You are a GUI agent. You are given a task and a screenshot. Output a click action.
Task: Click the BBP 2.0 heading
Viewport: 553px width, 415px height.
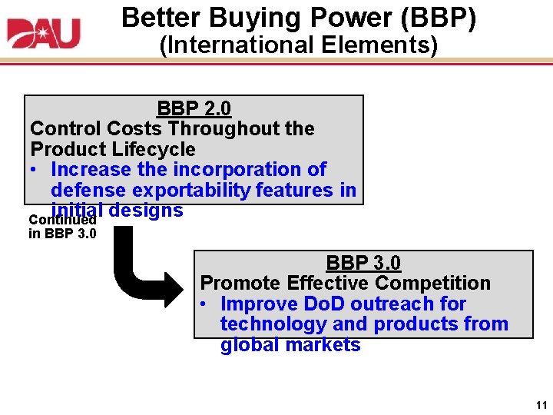coord(194,108)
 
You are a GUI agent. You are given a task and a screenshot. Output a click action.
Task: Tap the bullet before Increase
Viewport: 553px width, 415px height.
coord(36,169)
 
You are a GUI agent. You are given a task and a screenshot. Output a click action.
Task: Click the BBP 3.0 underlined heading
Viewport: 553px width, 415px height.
coord(363,263)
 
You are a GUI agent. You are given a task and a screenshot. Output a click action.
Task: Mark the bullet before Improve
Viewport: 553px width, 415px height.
coord(205,304)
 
